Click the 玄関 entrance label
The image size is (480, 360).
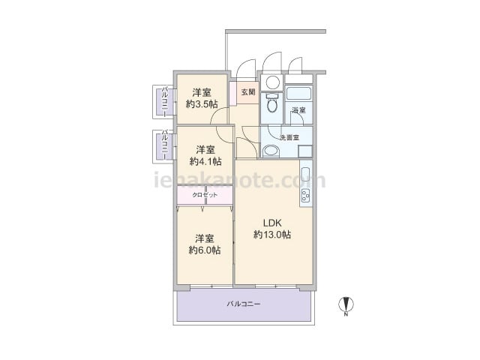click(248, 92)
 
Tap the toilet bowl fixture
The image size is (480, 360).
click(271, 103)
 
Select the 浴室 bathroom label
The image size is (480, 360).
click(298, 110)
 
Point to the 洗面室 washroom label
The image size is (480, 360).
click(289, 138)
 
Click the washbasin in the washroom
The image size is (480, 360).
click(271, 151)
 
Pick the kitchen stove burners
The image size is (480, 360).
click(306, 196)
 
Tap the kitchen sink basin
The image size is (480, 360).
click(306, 175)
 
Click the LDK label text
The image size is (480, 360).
click(272, 223)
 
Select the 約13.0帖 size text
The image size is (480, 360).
click(272, 235)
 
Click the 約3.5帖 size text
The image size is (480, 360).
click(202, 104)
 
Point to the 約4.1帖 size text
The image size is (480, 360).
click(205, 161)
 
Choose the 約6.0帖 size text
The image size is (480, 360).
click(205, 250)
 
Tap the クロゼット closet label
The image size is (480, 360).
click(205, 195)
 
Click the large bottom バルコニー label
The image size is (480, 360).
click(244, 304)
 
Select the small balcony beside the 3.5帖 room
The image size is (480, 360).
click(165, 102)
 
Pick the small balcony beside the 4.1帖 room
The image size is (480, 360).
click(165, 146)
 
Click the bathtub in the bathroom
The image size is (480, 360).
click(299, 93)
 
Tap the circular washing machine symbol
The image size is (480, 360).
click(272, 82)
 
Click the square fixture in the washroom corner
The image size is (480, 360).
click(305, 151)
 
